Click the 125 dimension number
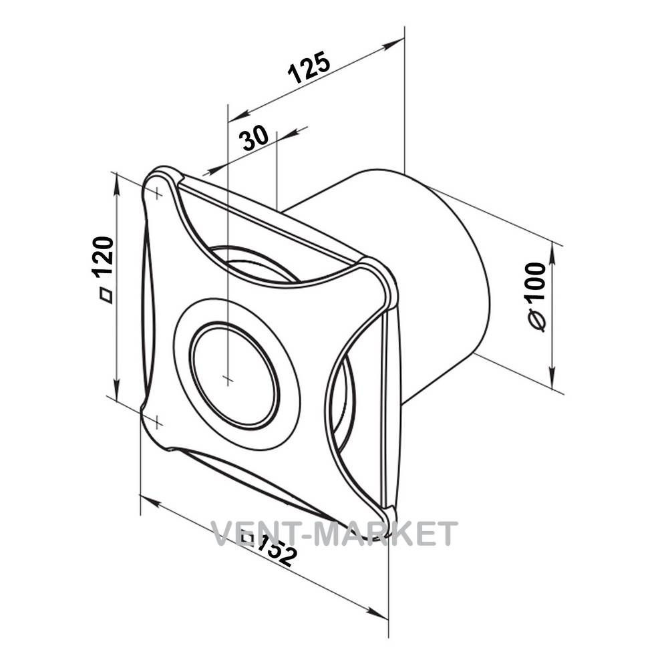[309, 67]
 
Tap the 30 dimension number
[255, 138]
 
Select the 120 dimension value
[103, 256]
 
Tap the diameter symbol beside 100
[537, 320]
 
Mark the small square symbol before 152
[247, 536]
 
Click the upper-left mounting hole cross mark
[158, 194]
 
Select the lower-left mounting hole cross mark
[157, 422]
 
